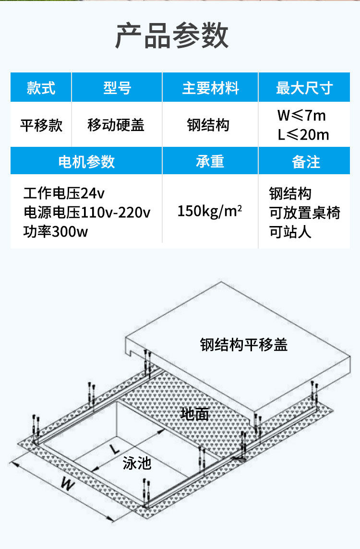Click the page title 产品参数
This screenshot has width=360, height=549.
click(171, 36)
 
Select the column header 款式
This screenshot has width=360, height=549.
click(41, 88)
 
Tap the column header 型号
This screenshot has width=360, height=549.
click(117, 88)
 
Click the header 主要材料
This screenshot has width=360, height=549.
click(210, 88)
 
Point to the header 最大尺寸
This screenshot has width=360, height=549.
click(304, 88)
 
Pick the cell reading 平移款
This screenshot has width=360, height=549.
click(41, 125)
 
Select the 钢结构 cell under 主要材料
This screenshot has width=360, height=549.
click(208, 125)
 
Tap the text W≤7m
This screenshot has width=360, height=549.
click(301, 116)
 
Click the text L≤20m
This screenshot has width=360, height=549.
click(303, 135)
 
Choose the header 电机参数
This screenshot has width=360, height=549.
click(86, 162)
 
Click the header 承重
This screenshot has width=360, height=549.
click(210, 162)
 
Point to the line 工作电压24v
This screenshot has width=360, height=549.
click(64, 193)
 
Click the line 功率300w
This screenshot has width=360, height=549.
click(56, 232)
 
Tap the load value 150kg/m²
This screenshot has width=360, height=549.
click(210, 211)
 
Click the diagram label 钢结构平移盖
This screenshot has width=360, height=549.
click(244, 345)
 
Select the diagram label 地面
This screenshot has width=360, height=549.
click(195, 414)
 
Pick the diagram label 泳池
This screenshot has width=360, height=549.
click(137, 463)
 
